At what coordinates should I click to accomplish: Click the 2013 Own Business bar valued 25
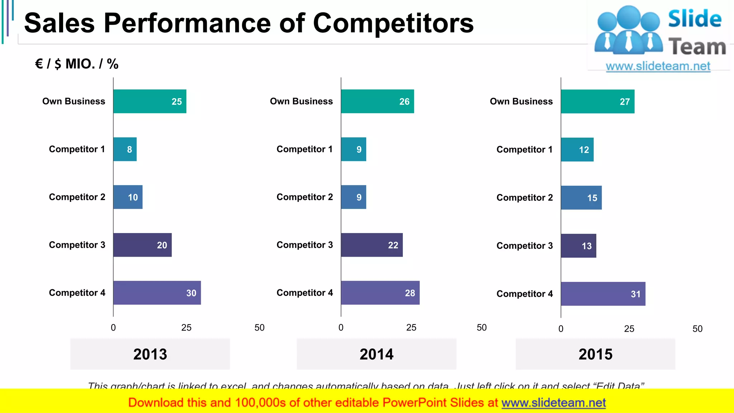pos(150,101)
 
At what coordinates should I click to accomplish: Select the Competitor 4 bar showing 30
pos(157,293)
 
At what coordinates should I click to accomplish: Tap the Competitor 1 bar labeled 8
pos(125,149)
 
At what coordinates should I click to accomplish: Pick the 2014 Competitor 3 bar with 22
pos(372,245)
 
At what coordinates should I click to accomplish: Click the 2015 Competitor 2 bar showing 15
pos(581,198)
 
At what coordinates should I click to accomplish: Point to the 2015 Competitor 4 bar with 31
pos(603,294)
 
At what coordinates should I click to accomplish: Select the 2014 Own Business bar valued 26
pos(377,101)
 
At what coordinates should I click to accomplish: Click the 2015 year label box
pos(595,354)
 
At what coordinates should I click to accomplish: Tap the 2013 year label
pos(150,354)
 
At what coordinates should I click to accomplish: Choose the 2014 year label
pos(376,354)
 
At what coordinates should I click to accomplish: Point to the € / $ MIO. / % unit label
pos(77,64)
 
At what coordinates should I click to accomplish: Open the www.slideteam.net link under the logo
pos(658,66)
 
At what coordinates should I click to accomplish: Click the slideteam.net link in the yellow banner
pos(553,403)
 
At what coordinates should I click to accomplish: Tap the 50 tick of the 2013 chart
pos(259,328)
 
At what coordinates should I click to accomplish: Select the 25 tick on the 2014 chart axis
pos(411,328)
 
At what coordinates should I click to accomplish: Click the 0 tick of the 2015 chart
pos(561,329)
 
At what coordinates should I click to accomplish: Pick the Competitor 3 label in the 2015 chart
pos(524,246)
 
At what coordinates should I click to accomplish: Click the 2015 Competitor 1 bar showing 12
pos(577,150)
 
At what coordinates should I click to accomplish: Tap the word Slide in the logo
pos(695,19)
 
